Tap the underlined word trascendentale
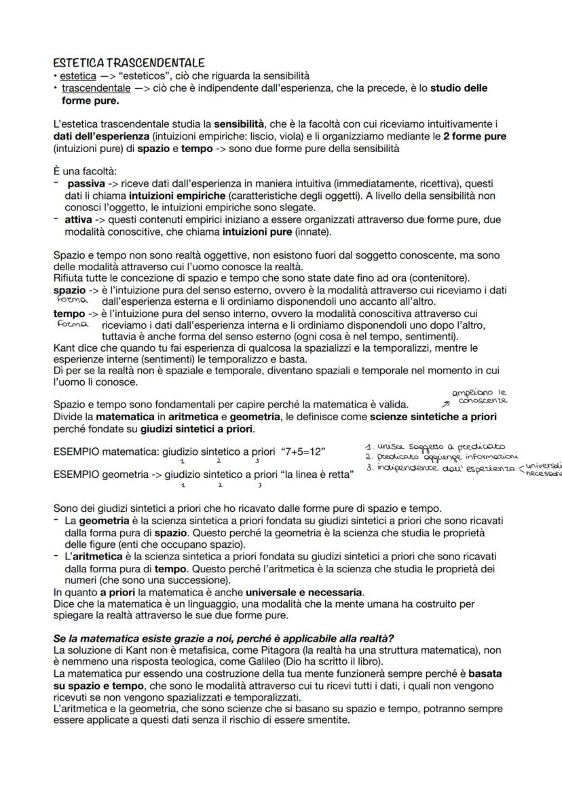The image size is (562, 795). [96, 88]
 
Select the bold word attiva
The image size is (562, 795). [79, 220]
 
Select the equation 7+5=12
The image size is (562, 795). [298, 451]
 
